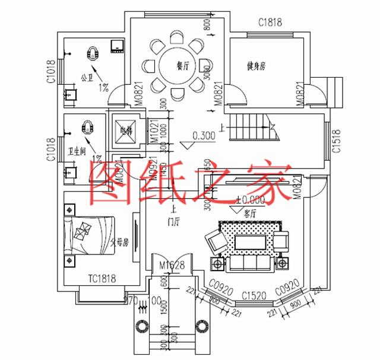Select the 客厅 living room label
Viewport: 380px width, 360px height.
pos(249,212)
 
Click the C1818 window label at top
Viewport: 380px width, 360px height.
pos(270,23)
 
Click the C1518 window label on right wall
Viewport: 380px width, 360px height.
pos(337,141)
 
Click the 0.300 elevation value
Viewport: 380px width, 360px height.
pos(204,136)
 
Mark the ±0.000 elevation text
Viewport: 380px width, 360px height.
pos(250,200)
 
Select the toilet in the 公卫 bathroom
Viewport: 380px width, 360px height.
pos(93,53)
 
